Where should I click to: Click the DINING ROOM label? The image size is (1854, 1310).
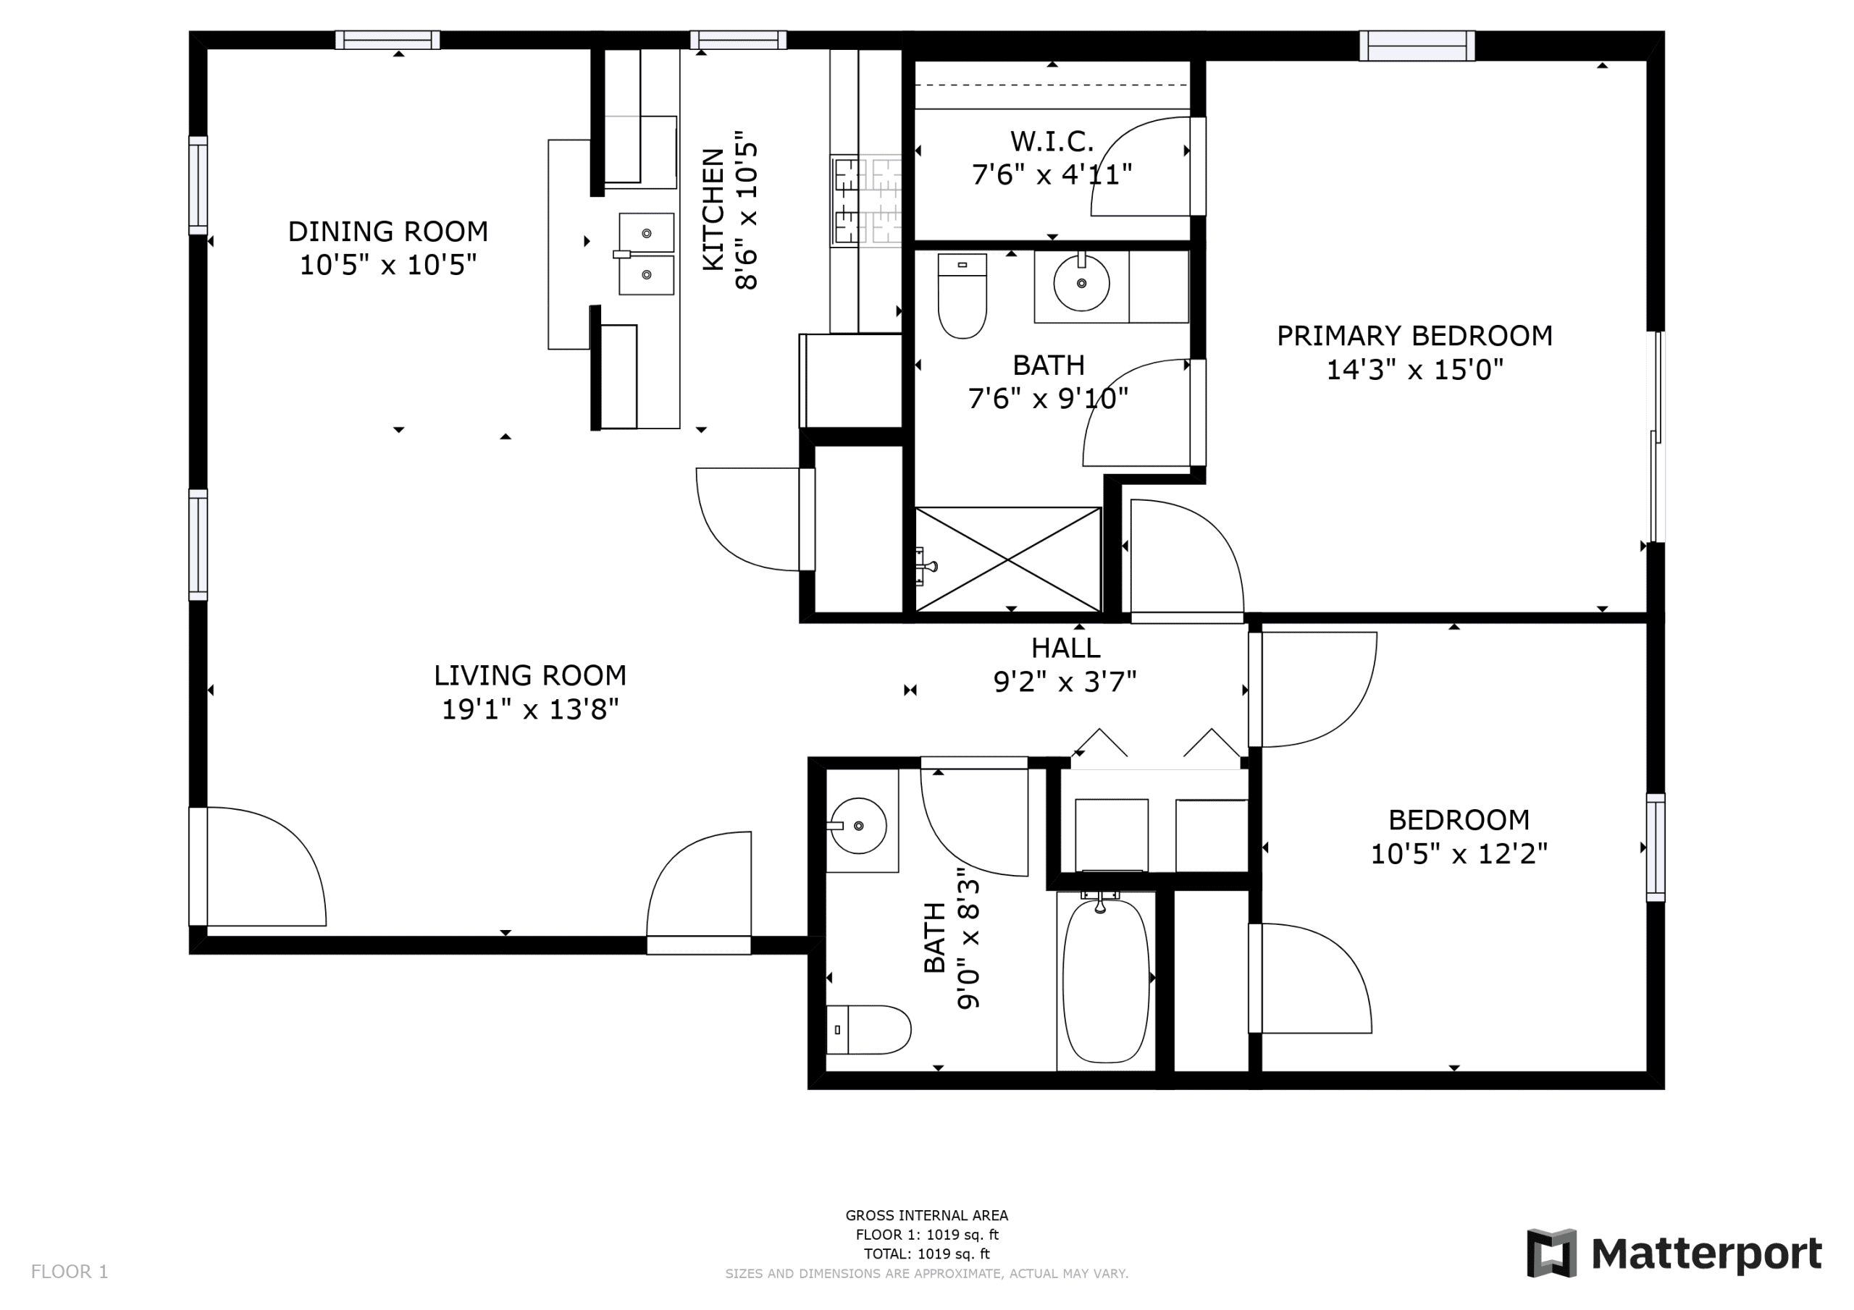387,232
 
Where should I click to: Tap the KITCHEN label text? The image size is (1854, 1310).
713,209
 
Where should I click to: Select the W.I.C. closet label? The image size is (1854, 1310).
1052,142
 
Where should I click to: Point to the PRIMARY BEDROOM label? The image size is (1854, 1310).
1414,336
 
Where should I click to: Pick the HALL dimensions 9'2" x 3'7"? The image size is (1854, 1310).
1065,682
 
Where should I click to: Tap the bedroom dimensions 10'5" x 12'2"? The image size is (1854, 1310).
1459,853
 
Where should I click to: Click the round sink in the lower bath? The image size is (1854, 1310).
858,826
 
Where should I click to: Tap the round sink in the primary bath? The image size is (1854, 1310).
1081,282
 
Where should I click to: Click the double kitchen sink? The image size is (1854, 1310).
646,254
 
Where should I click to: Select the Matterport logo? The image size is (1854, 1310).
1674,1254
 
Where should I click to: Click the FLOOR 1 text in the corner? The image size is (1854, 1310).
70,1272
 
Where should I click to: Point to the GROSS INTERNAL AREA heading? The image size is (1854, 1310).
926,1216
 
